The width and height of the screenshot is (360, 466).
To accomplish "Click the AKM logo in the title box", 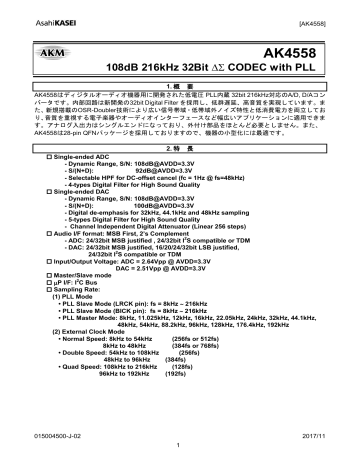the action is point(48,48).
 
